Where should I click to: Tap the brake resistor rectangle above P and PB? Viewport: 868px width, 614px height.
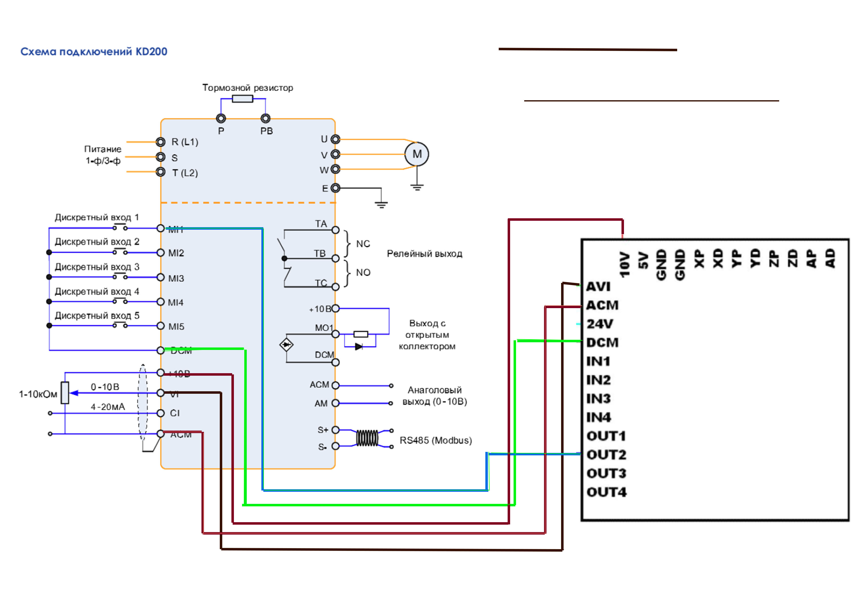[242, 99]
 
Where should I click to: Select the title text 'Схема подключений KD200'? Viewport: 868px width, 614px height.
[94, 51]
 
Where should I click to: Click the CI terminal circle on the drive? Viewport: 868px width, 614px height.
[161, 413]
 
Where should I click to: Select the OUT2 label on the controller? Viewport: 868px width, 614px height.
[606, 455]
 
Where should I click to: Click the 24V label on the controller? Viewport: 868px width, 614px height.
[600, 324]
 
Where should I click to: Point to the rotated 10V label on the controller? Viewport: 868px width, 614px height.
[624, 265]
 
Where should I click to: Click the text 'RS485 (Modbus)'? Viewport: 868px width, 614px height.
[436, 441]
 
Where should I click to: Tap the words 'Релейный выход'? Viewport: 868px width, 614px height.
[424, 254]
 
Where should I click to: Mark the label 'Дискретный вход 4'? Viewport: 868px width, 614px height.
[97, 292]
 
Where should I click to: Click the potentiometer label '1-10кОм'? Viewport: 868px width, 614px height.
[38, 394]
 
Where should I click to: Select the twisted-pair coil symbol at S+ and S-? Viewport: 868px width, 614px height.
[367, 438]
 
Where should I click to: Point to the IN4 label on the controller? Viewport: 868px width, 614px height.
[598, 418]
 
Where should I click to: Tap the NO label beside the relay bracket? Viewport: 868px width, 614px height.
[363, 272]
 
